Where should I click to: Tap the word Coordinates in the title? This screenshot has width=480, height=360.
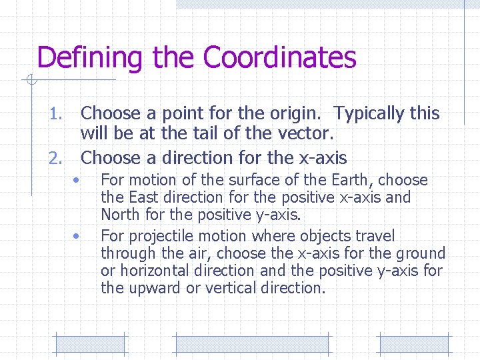pyautogui.click(x=279, y=58)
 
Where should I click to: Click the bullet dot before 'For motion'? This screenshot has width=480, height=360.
pyautogui.click(x=77, y=181)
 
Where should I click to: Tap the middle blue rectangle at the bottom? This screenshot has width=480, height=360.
pyautogui.click(x=251, y=344)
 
